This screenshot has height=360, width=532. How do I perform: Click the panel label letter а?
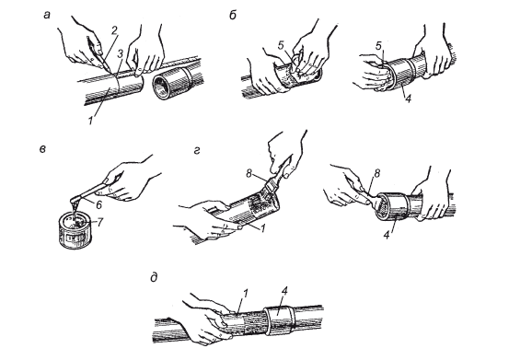point(47,15)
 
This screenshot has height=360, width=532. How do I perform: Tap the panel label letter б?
point(233,15)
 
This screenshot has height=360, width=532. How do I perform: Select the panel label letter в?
point(42,149)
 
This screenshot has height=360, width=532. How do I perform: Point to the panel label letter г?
point(197,151)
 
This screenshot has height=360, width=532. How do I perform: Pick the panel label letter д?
point(154,278)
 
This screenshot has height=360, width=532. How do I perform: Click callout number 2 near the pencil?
point(114,30)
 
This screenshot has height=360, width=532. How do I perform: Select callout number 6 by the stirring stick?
point(98,205)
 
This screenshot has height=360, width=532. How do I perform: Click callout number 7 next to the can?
point(99,222)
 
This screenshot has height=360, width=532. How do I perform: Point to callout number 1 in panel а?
point(90,121)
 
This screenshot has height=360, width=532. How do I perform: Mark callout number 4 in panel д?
point(284,292)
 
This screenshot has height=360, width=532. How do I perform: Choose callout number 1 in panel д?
point(245,293)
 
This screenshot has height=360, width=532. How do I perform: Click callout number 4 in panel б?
point(408,99)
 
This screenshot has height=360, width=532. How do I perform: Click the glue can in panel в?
point(75,230)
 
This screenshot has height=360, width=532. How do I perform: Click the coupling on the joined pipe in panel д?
point(279,321)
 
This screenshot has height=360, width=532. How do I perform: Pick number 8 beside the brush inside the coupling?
point(376,173)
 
